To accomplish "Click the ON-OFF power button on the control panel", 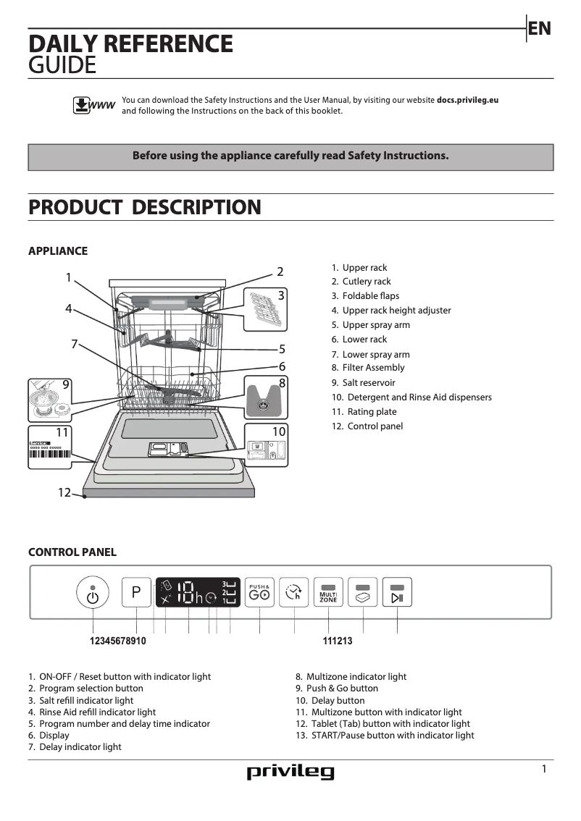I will (92, 595).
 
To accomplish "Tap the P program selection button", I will (136, 593).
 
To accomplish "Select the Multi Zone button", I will (328, 593).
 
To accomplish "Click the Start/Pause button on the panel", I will (397, 593).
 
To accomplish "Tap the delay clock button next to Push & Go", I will (293, 593).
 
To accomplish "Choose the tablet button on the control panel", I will (363, 593).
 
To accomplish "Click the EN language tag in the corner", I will (540, 28).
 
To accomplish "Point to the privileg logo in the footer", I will (290, 772).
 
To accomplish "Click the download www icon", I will (93, 105).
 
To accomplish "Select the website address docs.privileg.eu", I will (467, 100).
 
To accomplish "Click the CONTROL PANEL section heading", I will (72, 552).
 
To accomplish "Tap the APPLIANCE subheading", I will (57, 251).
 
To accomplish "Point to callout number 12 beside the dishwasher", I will (64, 493).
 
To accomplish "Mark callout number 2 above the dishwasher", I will (280, 272).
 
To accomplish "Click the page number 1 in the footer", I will (544, 769).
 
